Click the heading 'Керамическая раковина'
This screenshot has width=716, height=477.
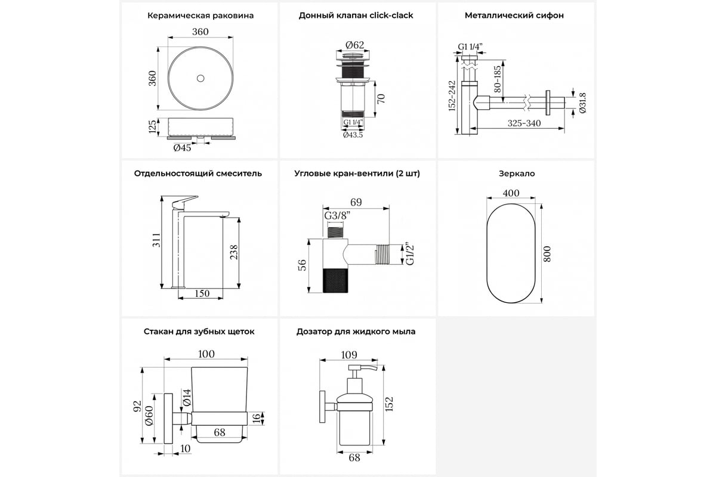[x=200, y=16]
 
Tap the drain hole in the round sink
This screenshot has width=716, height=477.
[x=200, y=78]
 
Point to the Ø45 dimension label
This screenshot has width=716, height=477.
[x=182, y=148]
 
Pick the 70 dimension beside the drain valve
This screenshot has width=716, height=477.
[x=381, y=98]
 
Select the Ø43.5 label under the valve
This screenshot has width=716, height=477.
[x=353, y=135]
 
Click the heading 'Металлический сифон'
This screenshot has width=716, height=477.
[x=514, y=16]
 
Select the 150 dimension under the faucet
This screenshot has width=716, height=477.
[x=203, y=293]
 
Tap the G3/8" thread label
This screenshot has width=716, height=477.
[x=336, y=215]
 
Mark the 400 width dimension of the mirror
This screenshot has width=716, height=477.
[x=511, y=193]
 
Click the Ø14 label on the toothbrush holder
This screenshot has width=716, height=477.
[x=186, y=397]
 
